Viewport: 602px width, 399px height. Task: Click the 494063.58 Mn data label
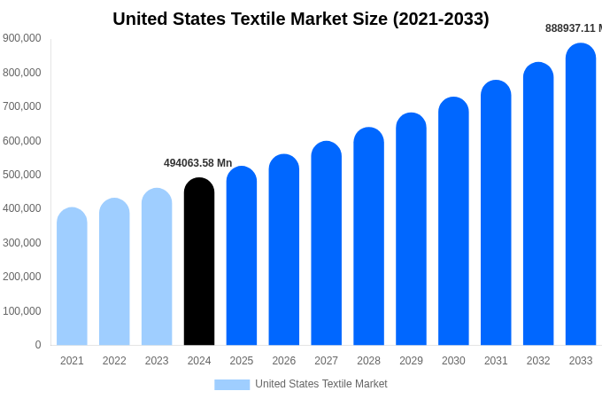(197, 163)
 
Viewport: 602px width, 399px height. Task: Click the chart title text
(301, 19)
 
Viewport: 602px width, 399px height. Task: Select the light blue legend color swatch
(232, 384)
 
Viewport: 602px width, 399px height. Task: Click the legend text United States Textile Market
(321, 384)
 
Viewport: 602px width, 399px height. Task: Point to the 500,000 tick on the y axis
(22, 175)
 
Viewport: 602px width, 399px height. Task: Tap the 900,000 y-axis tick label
(22, 38)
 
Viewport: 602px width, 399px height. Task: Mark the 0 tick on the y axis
(37, 345)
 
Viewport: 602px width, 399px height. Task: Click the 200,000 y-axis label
(22, 277)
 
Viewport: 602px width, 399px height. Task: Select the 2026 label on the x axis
(284, 361)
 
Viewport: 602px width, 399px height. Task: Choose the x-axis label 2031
(496, 361)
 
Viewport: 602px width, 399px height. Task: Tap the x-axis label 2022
(114, 361)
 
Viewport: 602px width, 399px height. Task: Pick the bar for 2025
(242, 256)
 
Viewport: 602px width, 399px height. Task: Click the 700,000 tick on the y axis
(22, 106)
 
